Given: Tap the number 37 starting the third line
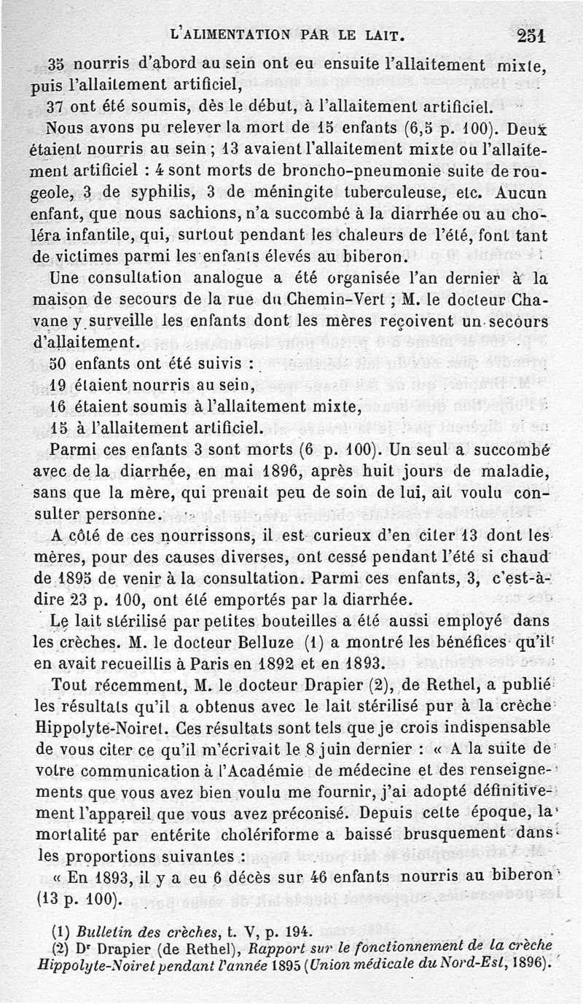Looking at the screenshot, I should point(55,106).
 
